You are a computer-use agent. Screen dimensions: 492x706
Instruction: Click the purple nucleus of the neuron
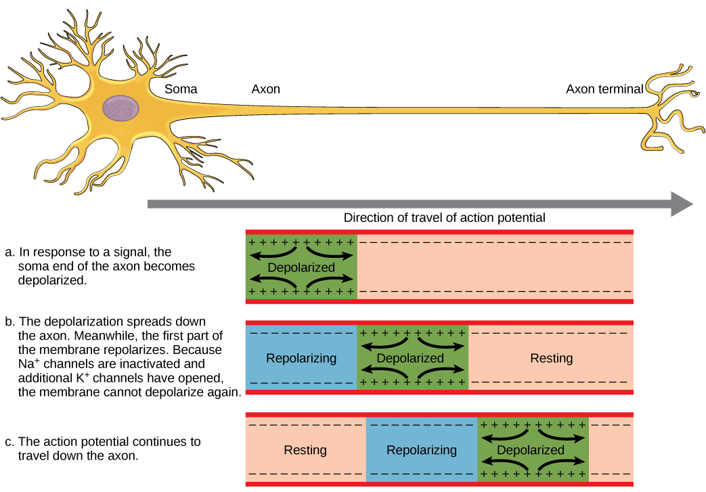(x=121, y=108)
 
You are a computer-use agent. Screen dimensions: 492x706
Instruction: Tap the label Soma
(x=181, y=89)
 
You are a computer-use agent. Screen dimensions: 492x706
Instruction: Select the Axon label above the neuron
(x=265, y=89)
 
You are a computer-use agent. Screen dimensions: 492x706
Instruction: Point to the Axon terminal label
(x=604, y=89)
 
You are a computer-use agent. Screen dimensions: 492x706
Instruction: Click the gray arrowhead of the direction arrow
(x=681, y=204)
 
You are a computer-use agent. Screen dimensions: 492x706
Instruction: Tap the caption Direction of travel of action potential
(x=444, y=218)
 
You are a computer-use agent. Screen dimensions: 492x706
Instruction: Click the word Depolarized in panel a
(x=301, y=267)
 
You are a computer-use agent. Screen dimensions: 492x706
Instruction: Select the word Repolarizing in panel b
(x=301, y=358)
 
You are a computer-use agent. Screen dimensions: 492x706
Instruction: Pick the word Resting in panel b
(x=551, y=358)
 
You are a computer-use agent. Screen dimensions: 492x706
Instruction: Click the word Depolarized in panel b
(x=410, y=358)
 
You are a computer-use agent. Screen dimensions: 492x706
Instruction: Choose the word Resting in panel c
(x=305, y=450)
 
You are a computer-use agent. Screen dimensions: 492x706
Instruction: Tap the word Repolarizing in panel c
(x=421, y=450)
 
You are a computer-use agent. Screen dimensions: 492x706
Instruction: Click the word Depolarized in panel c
(x=531, y=450)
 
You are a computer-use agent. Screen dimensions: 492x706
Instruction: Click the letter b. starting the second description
(x=9, y=321)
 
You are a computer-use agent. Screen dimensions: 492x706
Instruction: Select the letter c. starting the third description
(x=9, y=442)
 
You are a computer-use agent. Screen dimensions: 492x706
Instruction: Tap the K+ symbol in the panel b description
(x=115, y=376)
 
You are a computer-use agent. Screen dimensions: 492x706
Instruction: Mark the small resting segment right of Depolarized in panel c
(x=611, y=450)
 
